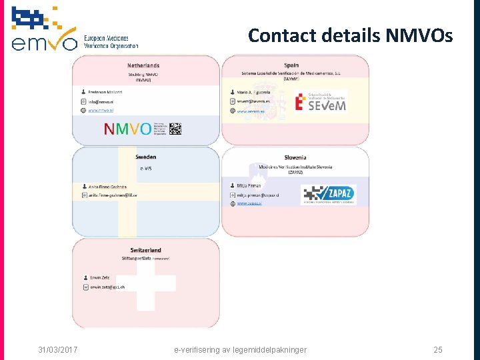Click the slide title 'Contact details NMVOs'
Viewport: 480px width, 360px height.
350,35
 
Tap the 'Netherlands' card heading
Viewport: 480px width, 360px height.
143,65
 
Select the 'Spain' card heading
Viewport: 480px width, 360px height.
291,65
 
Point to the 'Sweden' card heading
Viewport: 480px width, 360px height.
145,157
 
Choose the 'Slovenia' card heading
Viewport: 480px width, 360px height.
295,157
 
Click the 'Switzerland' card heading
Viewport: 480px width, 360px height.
145,250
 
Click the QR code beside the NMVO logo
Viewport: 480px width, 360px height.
175,129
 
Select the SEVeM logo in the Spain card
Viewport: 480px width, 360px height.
321,101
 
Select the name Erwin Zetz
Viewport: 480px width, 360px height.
101,277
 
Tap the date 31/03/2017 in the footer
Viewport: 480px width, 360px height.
57,349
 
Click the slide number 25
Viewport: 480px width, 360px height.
437,349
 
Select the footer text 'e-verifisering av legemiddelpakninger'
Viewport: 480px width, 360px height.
240,349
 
